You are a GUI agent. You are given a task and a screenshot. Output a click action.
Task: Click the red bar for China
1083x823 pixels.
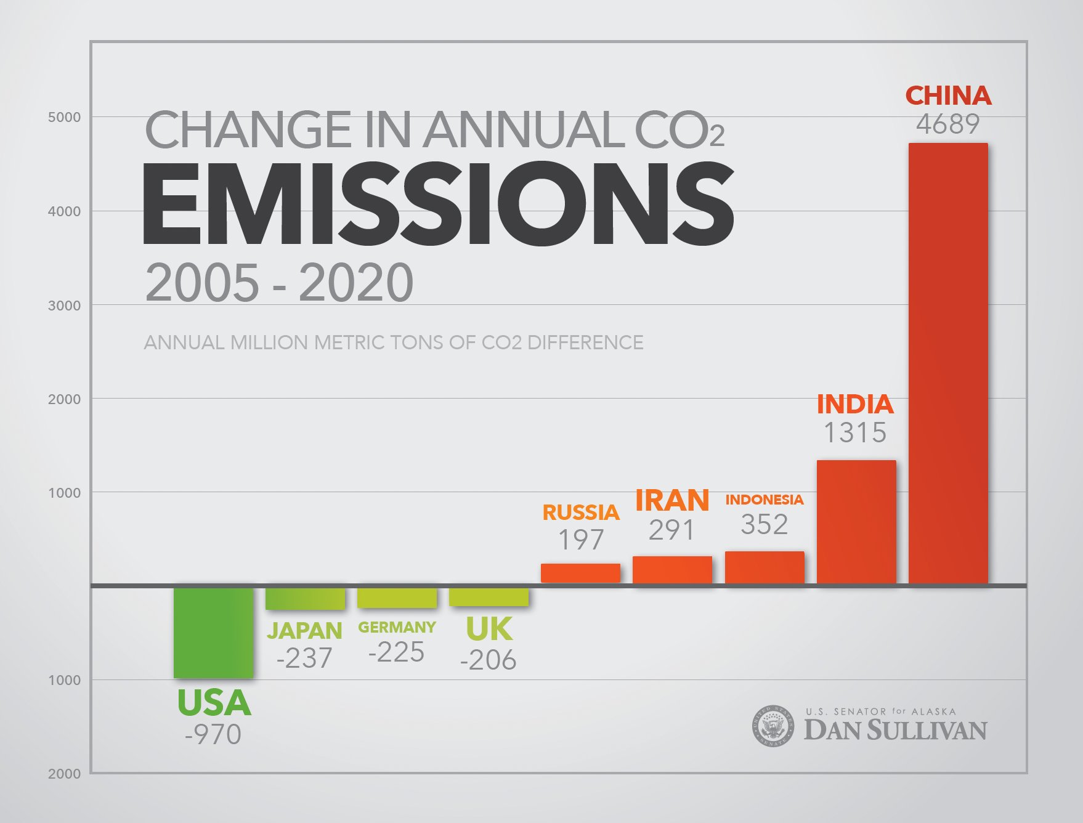[x=948, y=363]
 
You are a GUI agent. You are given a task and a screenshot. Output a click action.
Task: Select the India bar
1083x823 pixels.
[x=856, y=522]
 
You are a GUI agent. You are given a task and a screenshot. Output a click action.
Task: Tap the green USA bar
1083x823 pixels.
[x=213, y=632]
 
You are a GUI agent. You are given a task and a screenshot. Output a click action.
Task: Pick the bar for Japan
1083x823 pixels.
[x=305, y=598]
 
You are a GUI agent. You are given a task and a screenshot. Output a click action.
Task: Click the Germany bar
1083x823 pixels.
[x=397, y=597]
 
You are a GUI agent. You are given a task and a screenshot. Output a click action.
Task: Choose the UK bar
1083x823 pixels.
[x=489, y=596]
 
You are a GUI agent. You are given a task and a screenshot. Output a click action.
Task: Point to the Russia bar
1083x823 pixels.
[x=580, y=573]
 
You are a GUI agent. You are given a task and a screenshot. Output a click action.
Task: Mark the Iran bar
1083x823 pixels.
[x=672, y=569]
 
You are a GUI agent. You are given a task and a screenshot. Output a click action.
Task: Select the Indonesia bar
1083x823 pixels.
[x=765, y=567]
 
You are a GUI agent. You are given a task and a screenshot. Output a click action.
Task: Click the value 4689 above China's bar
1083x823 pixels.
[x=947, y=124]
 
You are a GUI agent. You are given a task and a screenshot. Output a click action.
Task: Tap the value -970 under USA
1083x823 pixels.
[x=213, y=734]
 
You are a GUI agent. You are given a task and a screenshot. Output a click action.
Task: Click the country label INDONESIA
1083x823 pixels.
[x=765, y=500]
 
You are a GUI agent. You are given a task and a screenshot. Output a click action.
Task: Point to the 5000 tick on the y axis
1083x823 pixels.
[x=64, y=117]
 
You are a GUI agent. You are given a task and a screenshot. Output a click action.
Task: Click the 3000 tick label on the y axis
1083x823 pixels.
[x=64, y=306]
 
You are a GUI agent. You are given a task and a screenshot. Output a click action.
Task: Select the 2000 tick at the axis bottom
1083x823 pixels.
[x=64, y=774]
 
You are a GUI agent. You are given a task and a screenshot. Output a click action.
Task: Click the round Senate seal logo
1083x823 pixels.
[x=773, y=726]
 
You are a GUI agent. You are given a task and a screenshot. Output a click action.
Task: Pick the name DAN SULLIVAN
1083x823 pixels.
[x=895, y=731]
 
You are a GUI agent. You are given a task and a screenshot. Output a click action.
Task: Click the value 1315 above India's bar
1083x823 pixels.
[x=855, y=432]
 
